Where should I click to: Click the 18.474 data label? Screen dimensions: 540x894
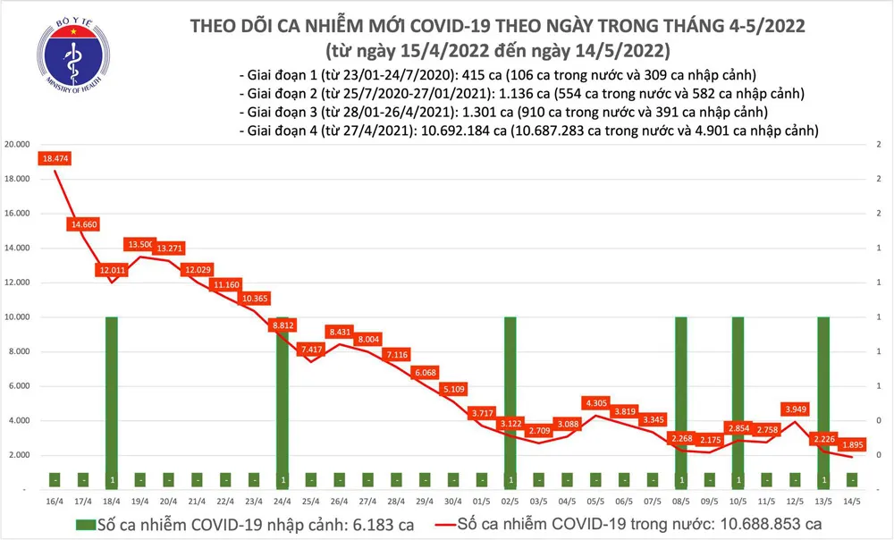coord(55,159)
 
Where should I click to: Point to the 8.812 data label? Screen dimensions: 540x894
coord(283,326)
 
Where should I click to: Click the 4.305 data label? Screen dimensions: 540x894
coord(595,403)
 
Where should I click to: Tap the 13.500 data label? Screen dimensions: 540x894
coord(141,244)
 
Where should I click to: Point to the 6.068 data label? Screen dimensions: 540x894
coord(425,372)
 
